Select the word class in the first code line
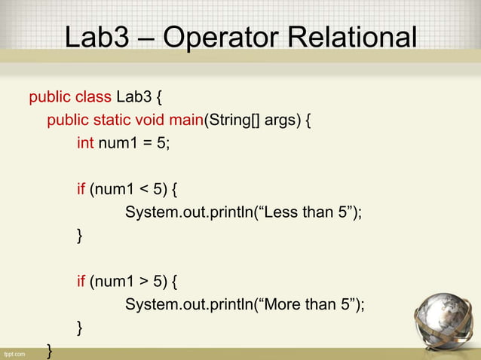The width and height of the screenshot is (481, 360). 93,96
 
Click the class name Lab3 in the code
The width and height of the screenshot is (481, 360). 132,96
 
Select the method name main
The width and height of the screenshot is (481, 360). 186,120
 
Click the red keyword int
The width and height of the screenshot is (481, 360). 85,143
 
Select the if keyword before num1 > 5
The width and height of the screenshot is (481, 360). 81,282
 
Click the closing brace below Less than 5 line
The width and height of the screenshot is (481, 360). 81,236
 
